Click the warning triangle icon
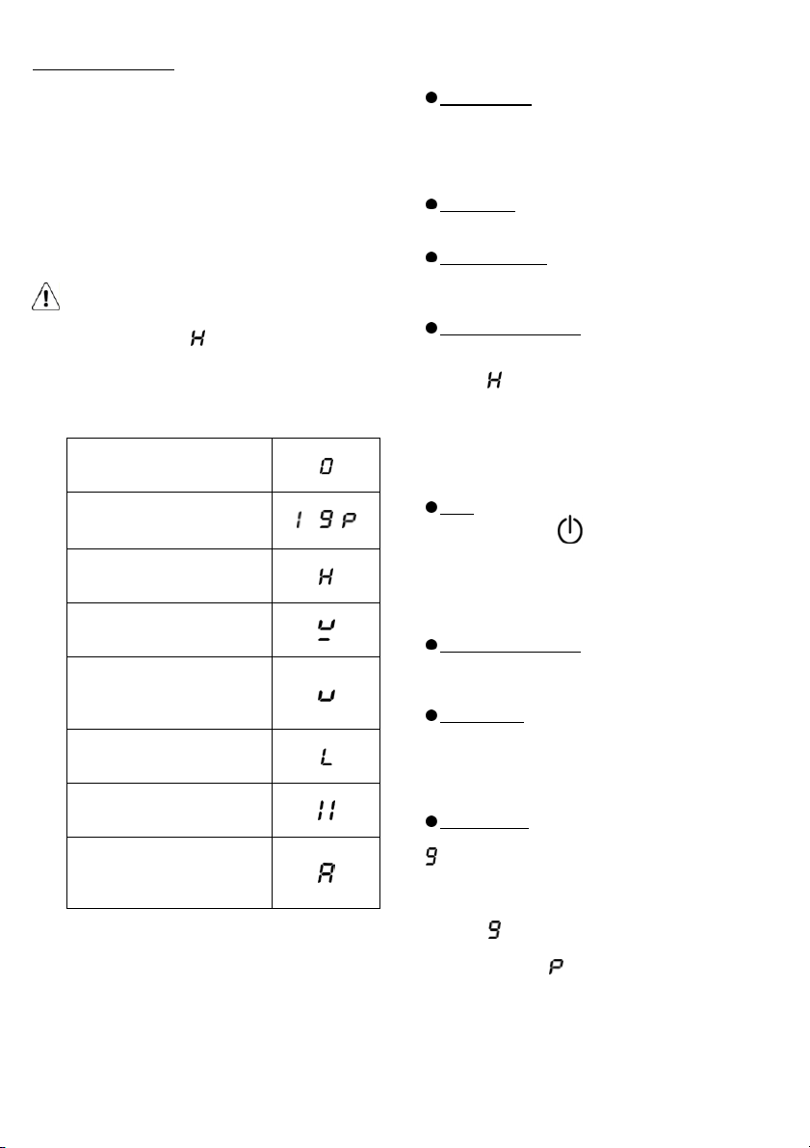(45, 297)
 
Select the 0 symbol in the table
(327, 466)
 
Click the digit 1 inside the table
(300, 521)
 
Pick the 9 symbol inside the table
(327, 521)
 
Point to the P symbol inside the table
(349, 521)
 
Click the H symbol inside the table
(327, 576)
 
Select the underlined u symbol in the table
(327, 629)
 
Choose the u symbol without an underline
(327, 694)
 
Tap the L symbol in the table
(327, 757)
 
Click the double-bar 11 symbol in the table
(327, 811)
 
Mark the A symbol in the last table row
(327, 872)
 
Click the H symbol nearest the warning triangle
(197, 338)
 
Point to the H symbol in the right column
(495, 380)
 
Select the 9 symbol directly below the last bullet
(431, 857)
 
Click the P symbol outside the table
(556, 967)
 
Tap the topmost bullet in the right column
(431, 97)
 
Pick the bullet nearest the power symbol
(431, 507)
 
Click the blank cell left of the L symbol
(169, 757)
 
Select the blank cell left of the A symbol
(169, 872)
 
